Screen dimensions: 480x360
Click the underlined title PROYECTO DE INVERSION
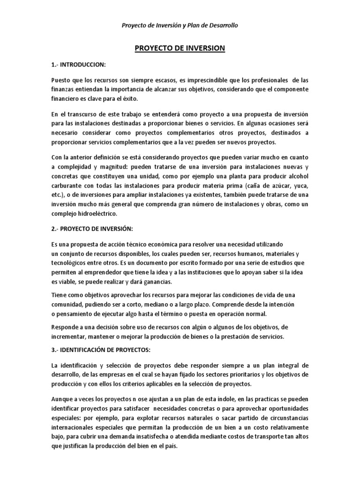tap(180, 48)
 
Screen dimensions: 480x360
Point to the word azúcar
tap(275, 185)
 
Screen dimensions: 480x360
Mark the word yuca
tap(301, 185)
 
